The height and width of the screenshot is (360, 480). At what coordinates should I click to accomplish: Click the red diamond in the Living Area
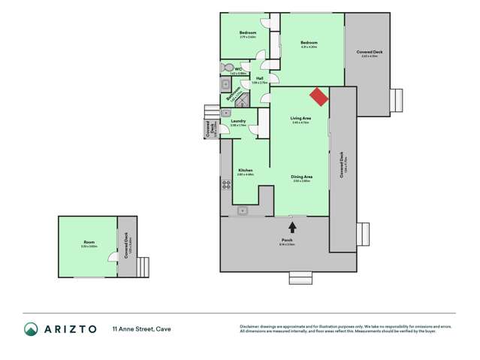tap(319, 98)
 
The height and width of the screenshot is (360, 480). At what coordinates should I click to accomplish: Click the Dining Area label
tap(302, 177)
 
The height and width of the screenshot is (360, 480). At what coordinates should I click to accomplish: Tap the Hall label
tap(259, 77)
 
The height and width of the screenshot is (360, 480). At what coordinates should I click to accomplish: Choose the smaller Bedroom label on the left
tap(248, 32)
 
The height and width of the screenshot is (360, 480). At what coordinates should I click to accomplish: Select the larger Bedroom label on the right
tap(309, 42)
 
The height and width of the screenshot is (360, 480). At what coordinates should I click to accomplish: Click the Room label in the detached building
tap(89, 241)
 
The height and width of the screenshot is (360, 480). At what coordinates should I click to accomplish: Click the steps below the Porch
tap(299, 278)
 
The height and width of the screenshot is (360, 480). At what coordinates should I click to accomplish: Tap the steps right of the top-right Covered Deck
tap(397, 100)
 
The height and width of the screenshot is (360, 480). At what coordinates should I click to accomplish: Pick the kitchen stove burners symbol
tap(225, 185)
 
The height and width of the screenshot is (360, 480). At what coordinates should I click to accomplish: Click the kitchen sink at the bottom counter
tap(243, 211)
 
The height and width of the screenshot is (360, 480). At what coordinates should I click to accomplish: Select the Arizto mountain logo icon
tap(32, 328)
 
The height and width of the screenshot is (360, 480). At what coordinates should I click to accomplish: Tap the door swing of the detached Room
tap(113, 256)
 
